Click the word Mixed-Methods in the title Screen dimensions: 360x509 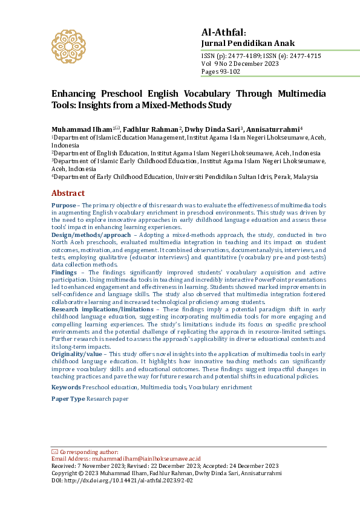[x=174, y=105]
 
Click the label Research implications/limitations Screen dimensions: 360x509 [x=103, y=310]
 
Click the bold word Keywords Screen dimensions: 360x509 [x=66, y=387]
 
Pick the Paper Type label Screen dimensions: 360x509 [x=68, y=399]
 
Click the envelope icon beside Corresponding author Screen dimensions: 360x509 [x=54, y=452]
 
